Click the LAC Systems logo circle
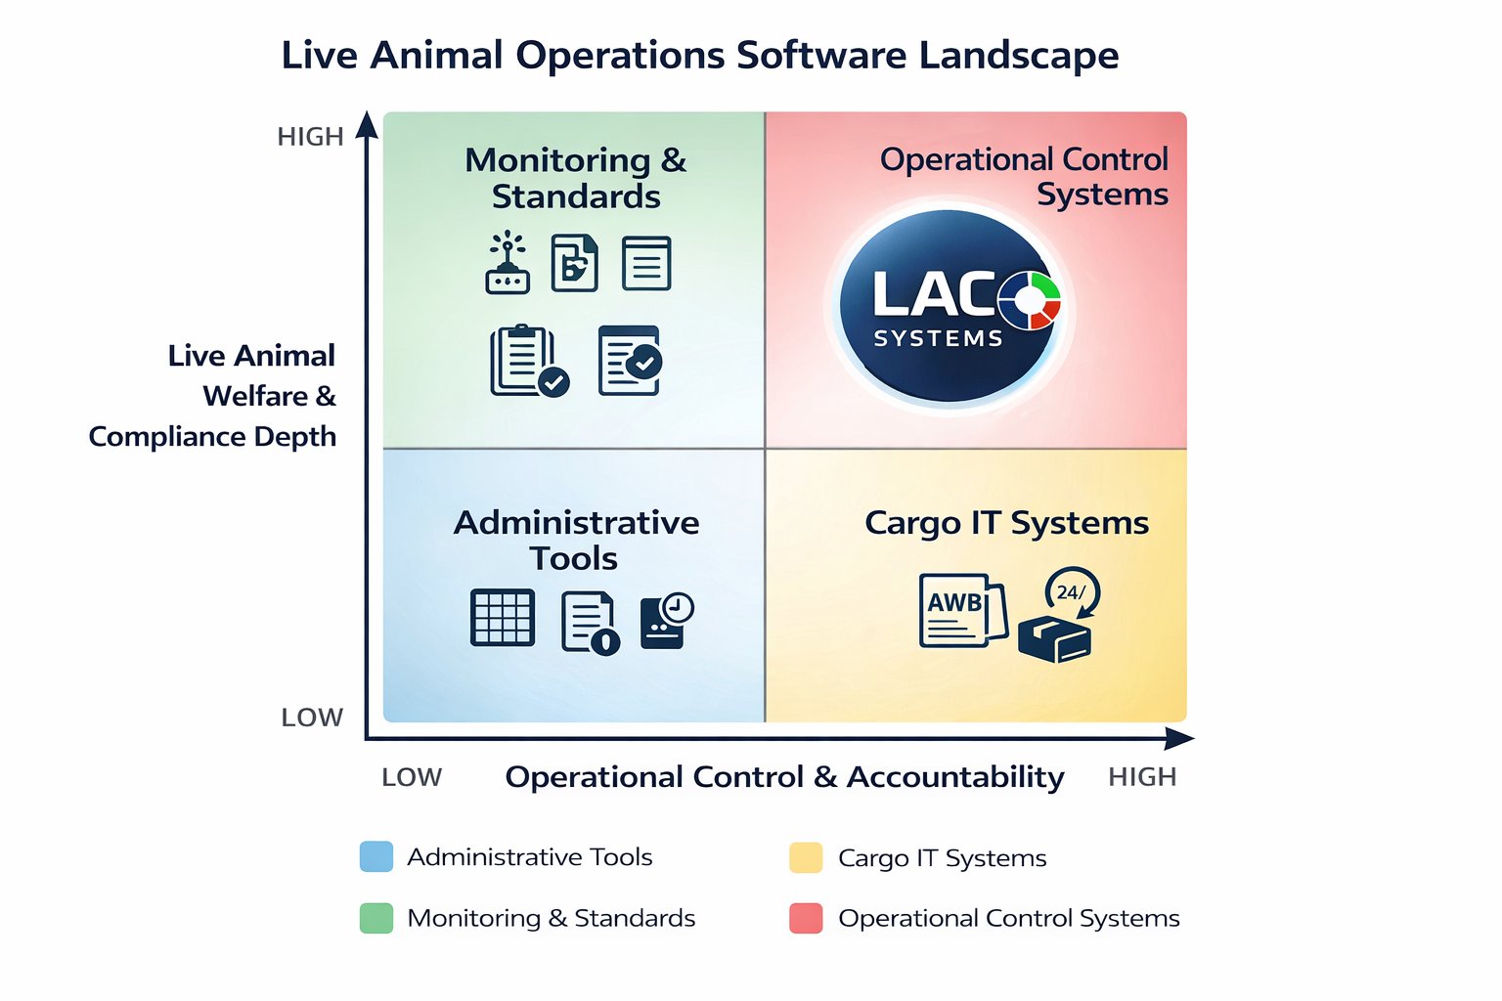point(947,306)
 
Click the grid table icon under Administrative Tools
point(503,617)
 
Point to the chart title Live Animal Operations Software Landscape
point(699,55)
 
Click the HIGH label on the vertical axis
point(310,137)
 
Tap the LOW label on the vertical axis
point(312,718)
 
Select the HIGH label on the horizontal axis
point(1141,777)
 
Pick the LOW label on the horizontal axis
point(412,777)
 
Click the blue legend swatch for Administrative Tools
point(376,856)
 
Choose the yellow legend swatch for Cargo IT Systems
point(806,857)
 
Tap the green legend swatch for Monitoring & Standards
point(376,918)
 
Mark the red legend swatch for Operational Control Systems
point(806,918)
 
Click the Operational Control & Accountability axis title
point(784,777)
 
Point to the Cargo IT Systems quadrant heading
point(1006,523)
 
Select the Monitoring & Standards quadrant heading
point(576,178)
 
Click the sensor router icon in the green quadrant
point(508,263)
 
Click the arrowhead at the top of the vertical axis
point(367,124)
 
